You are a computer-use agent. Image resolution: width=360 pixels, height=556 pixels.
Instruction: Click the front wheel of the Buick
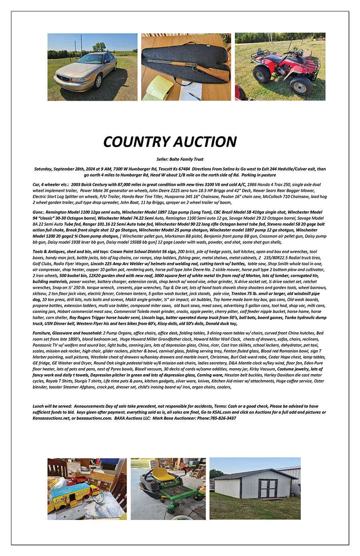tap(98, 82)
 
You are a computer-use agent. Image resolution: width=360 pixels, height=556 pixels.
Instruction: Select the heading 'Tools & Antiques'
tap(50, 252)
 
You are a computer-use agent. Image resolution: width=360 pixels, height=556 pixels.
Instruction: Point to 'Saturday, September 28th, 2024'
tap(64, 169)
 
